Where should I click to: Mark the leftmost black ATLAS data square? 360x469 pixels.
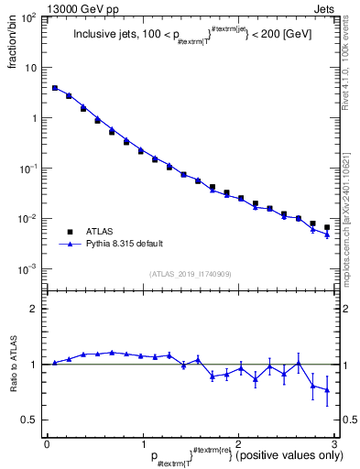[x=55, y=89]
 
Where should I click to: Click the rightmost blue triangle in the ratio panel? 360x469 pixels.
[x=327, y=390]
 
